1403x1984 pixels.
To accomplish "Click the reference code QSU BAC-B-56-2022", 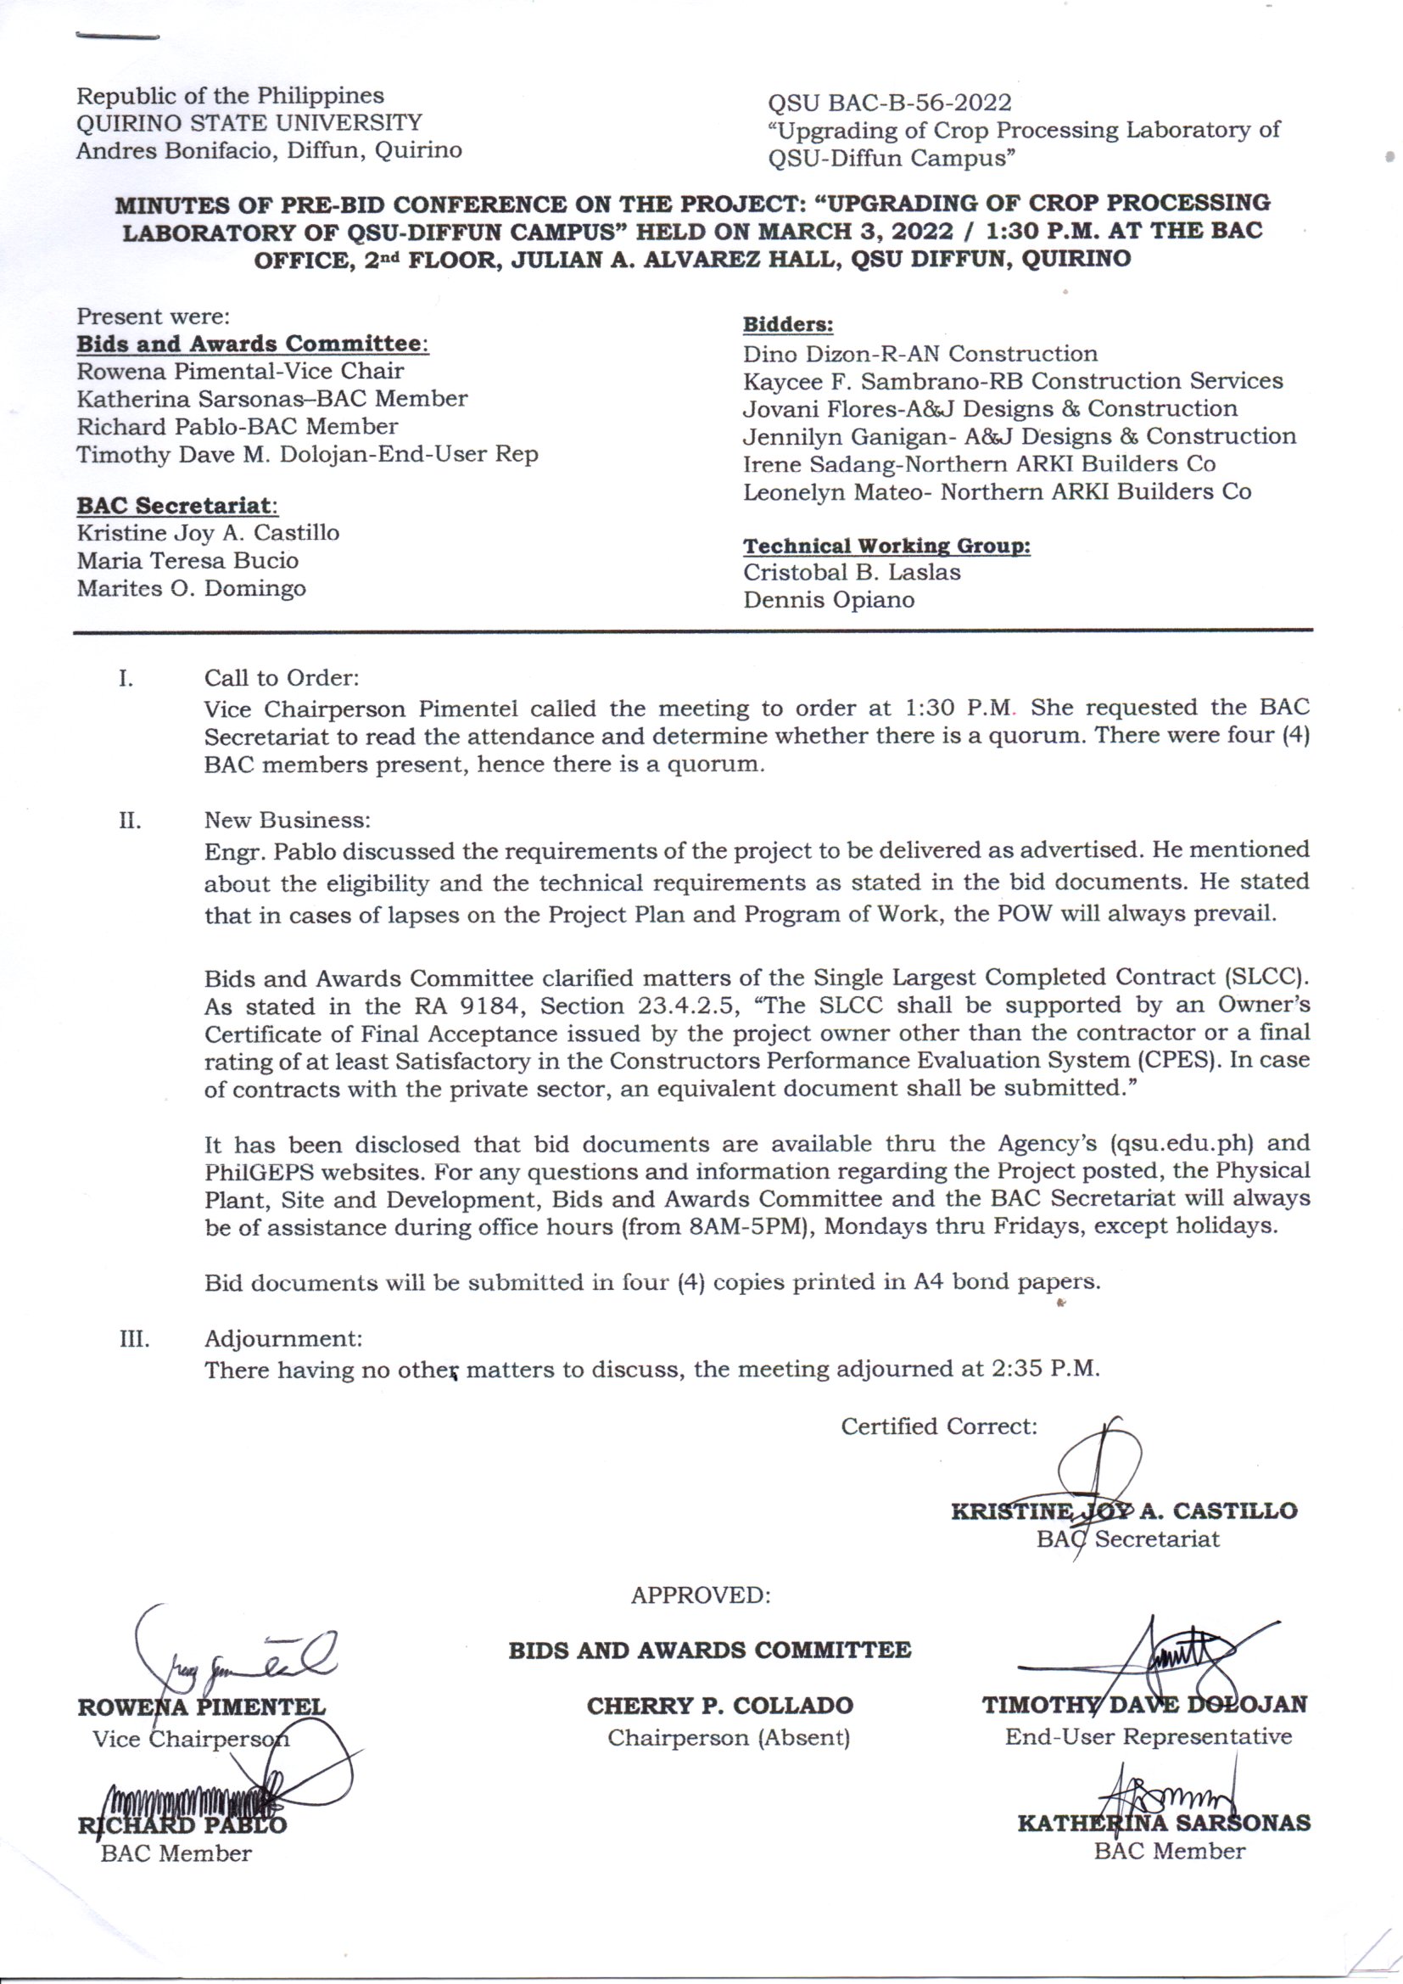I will click(889, 103).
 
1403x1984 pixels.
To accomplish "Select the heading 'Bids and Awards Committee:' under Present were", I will click(252, 344).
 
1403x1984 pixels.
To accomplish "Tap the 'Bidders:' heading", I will click(788, 325).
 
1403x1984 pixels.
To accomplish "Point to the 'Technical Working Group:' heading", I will click(886, 546).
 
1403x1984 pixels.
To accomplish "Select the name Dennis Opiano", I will click(829, 600).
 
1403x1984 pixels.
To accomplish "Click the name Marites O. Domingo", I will click(191, 588).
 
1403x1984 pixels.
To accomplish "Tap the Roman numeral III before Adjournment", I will click(134, 1339).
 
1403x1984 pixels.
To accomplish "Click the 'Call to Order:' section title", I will click(282, 677).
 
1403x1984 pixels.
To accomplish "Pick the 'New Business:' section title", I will click(288, 819).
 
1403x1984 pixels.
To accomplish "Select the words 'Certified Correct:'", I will click(938, 1426).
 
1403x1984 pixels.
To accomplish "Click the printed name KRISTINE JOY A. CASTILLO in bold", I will click(1123, 1511).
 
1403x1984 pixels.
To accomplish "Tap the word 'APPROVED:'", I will click(700, 1595).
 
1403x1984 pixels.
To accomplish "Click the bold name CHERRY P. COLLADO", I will click(719, 1706).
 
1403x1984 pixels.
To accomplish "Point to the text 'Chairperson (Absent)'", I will click(729, 1737).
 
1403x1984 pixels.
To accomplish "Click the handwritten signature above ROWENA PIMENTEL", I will click(233, 1655).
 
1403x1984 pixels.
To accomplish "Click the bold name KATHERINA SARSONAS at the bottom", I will click(1164, 1824).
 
